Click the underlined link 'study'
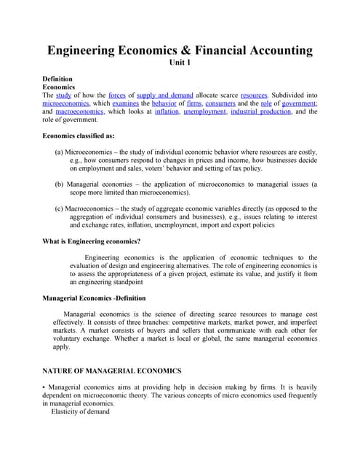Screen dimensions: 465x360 tap(63, 95)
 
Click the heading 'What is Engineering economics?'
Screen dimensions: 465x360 tap(92, 241)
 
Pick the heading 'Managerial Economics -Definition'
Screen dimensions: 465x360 tap(94, 298)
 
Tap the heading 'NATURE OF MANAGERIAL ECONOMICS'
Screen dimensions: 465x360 tap(112, 371)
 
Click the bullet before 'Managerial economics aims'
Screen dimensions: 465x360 tap(44, 387)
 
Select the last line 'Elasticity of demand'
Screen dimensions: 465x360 tap(80, 412)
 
